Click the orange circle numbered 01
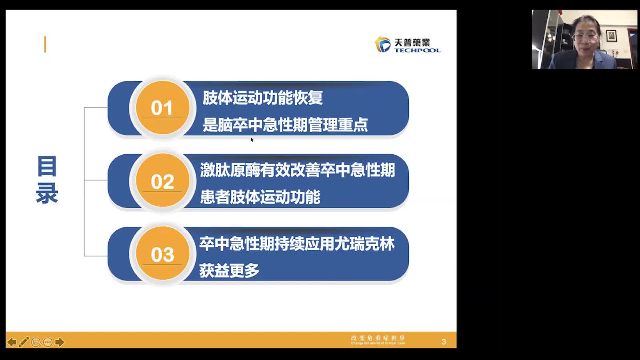(162, 108)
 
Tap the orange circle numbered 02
(162, 181)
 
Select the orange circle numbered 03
(162, 254)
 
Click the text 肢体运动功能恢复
(262, 98)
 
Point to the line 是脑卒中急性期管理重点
(285, 125)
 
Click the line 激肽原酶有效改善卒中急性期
(297, 170)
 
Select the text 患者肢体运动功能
(260, 197)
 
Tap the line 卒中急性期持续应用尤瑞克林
(297, 244)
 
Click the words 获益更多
(229, 271)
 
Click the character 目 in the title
(47, 166)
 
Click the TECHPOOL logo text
(417, 50)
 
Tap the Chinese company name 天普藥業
(412, 42)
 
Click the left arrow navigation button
(12, 342)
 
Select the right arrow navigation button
(60, 342)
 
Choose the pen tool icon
(24, 342)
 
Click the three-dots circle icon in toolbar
(48, 342)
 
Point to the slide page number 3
(444, 342)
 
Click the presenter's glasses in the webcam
(585, 38)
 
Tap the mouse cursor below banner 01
(252, 140)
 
